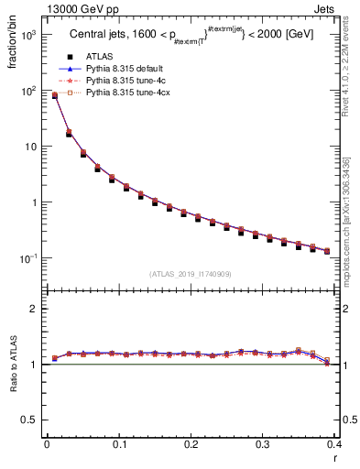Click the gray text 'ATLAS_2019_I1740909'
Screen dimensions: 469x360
tap(190, 274)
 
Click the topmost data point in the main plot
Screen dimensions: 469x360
tap(54, 94)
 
